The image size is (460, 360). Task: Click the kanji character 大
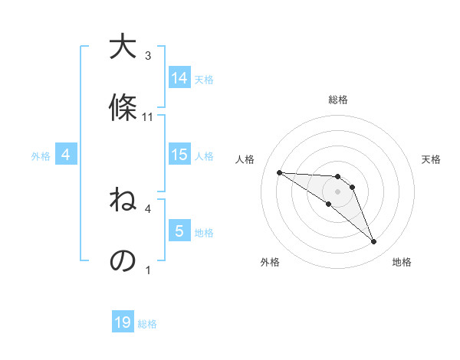point(123,48)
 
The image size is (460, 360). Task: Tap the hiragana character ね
point(123,201)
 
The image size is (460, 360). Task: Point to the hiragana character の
point(123,260)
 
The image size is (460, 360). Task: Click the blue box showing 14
point(179,78)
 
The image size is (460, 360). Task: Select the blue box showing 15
point(179,155)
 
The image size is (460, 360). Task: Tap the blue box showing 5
point(179,231)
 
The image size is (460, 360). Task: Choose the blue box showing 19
point(123,322)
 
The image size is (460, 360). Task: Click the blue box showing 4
point(66,155)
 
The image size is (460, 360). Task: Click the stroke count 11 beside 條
point(148,117)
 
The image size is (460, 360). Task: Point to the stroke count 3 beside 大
point(148,56)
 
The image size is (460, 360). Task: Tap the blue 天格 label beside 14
point(204,79)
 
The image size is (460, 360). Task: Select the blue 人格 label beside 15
point(204,155)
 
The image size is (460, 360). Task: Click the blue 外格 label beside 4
point(41,155)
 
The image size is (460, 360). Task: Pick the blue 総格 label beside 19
point(147,324)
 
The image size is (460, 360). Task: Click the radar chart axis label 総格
point(337,100)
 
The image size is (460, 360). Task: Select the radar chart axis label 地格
point(402,262)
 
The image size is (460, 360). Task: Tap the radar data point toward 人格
point(279,172)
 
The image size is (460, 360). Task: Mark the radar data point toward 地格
point(373,242)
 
